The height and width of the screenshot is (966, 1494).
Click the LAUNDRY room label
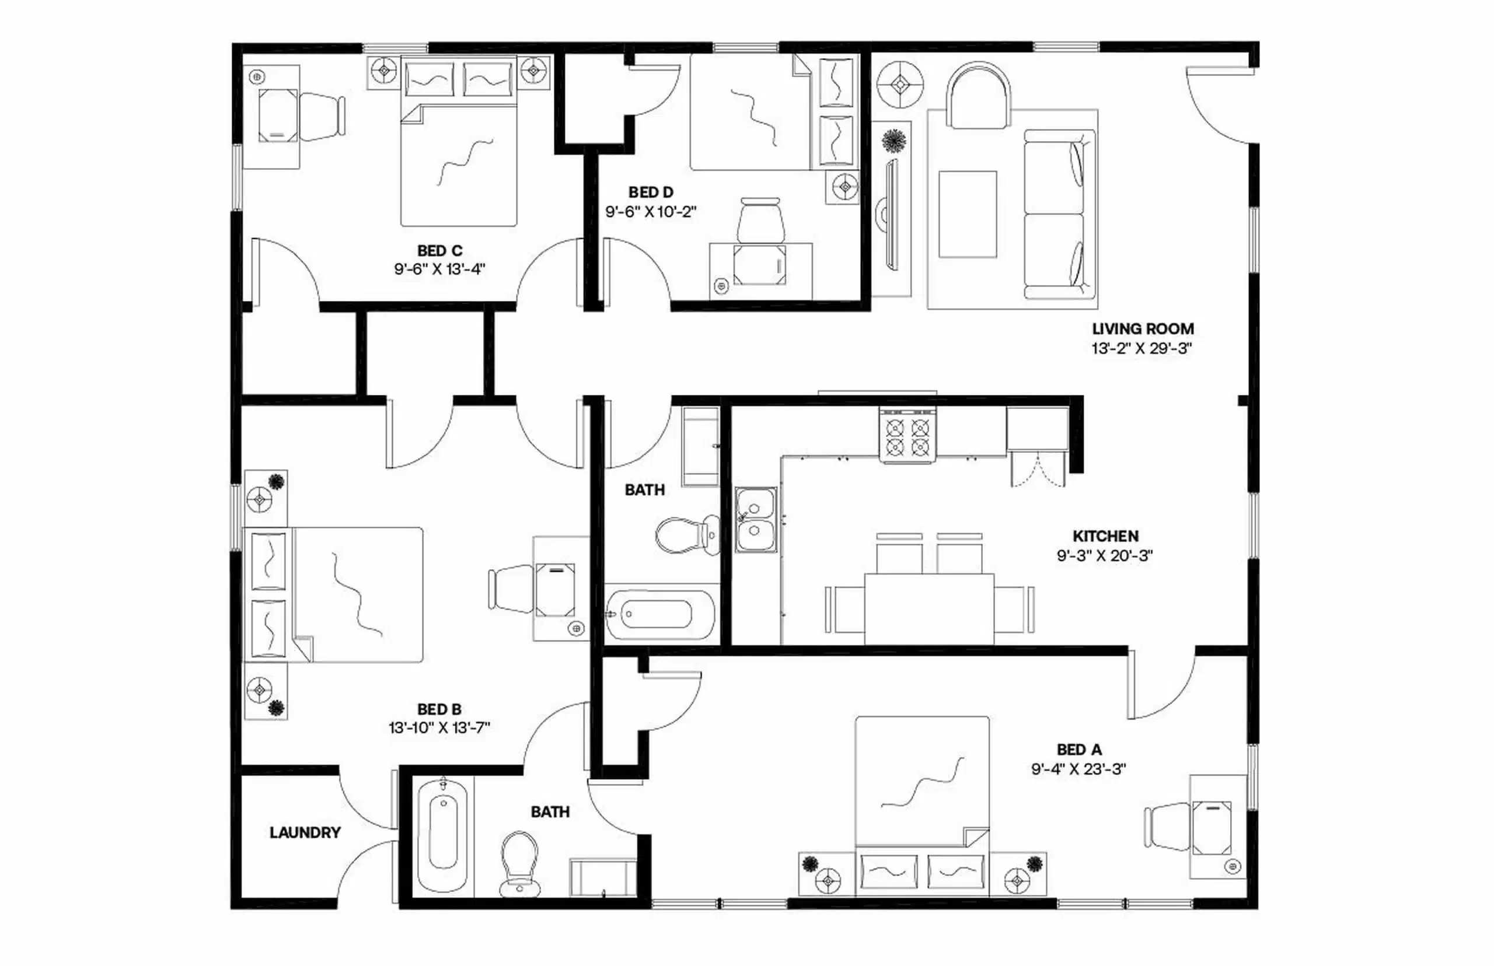[305, 832]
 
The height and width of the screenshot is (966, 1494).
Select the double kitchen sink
[756, 520]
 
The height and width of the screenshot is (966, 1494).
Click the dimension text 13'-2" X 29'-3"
[1142, 349]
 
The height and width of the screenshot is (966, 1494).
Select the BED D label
[651, 192]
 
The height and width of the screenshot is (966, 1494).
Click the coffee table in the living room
[967, 214]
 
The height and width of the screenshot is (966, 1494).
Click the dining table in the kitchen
[928, 607]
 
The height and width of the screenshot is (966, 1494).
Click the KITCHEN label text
[1105, 535]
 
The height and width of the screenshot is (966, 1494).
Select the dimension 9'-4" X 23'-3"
[1078, 768]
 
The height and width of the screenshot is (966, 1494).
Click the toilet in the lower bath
[519, 863]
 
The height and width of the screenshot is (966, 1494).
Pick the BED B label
[439, 709]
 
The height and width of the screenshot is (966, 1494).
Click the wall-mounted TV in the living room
[891, 214]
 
